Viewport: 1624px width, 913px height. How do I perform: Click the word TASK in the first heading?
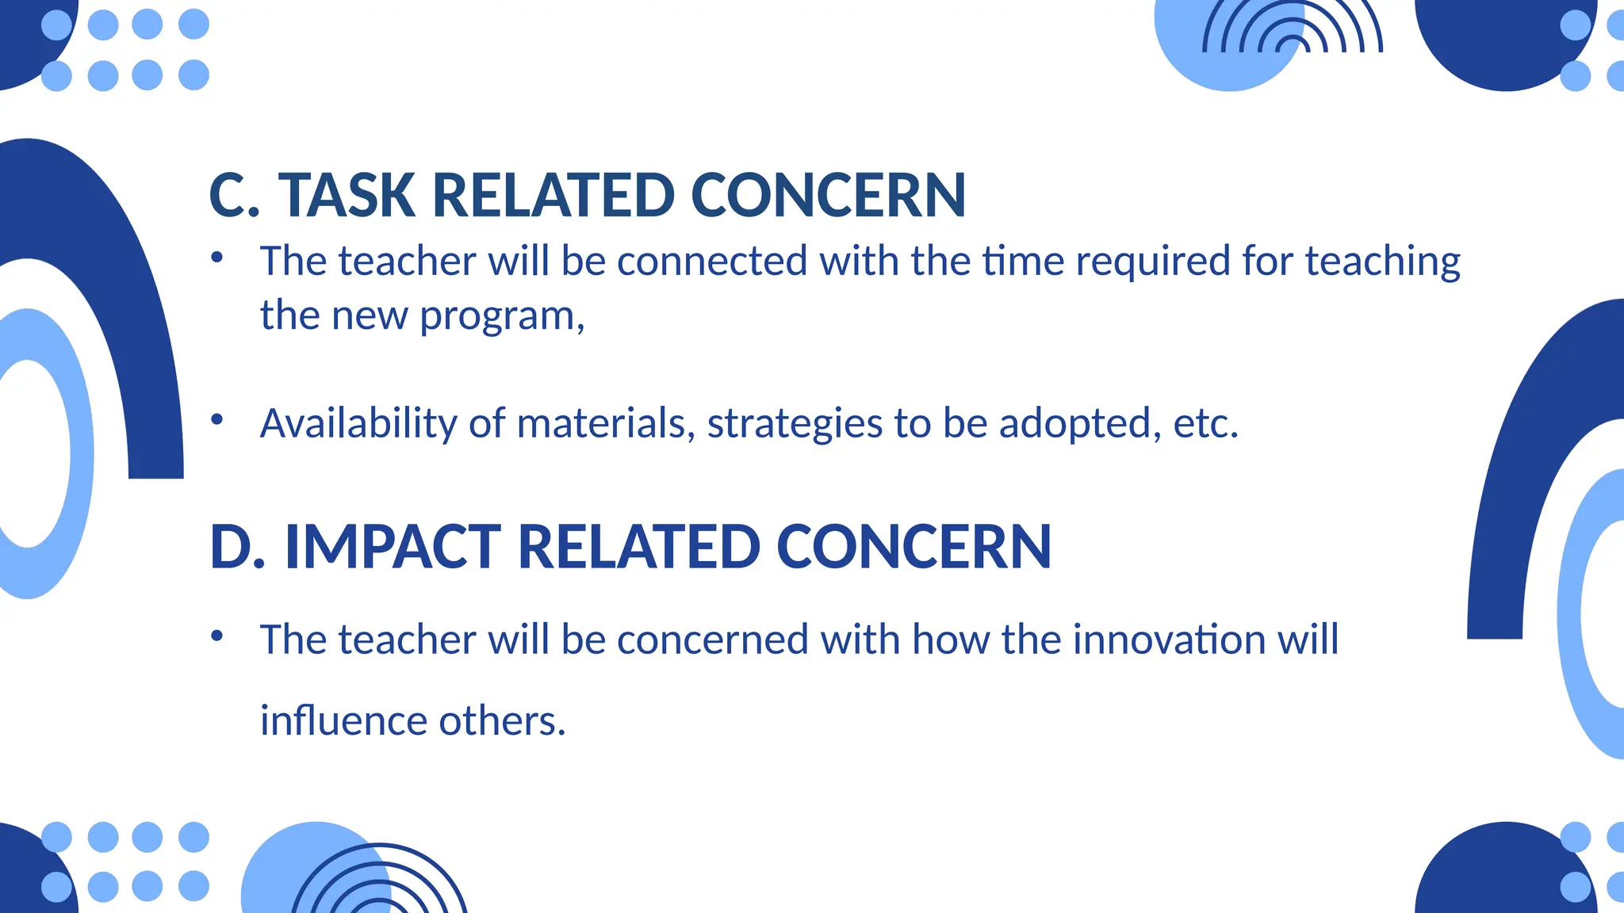(347, 195)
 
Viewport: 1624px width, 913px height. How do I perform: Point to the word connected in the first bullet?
(712, 261)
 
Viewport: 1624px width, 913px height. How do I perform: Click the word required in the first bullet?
(1152, 261)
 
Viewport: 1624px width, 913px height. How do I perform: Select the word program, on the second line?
(502, 316)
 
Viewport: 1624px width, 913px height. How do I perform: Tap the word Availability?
(358, 423)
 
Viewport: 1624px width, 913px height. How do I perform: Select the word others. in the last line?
(502, 721)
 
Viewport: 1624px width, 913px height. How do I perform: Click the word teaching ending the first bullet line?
(1382, 261)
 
